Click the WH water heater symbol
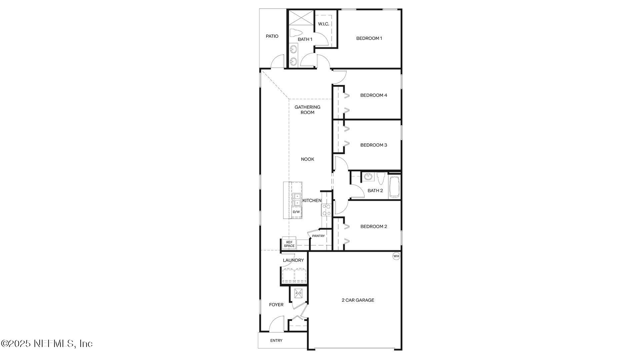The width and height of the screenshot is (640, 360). (x=396, y=256)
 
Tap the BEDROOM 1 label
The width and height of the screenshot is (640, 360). (x=369, y=38)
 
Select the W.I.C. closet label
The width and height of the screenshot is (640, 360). (x=323, y=24)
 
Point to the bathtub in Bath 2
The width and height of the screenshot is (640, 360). (x=394, y=187)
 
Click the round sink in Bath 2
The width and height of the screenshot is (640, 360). (x=368, y=176)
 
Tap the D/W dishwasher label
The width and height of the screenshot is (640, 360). (x=296, y=212)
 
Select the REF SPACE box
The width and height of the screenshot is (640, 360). (x=289, y=244)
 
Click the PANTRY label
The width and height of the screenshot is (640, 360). (x=318, y=236)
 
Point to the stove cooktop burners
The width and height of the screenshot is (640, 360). (x=326, y=210)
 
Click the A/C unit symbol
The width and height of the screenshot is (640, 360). (x=298, y=293)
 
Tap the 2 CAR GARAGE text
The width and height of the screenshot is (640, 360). (x=358, y=300)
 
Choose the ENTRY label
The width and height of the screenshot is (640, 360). (x=276, y=341)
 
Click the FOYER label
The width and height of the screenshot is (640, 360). (x=276, y=305)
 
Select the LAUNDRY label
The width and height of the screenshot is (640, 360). (x=293, y=260)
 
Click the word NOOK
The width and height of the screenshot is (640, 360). (x=307, y=159)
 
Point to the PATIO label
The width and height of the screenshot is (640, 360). (x=272, y=36)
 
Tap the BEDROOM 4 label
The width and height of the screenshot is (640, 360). (x=374, y=95)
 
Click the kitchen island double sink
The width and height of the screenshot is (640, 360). (x=296, y=199)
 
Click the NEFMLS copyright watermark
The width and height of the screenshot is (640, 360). (x=47, y=343)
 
